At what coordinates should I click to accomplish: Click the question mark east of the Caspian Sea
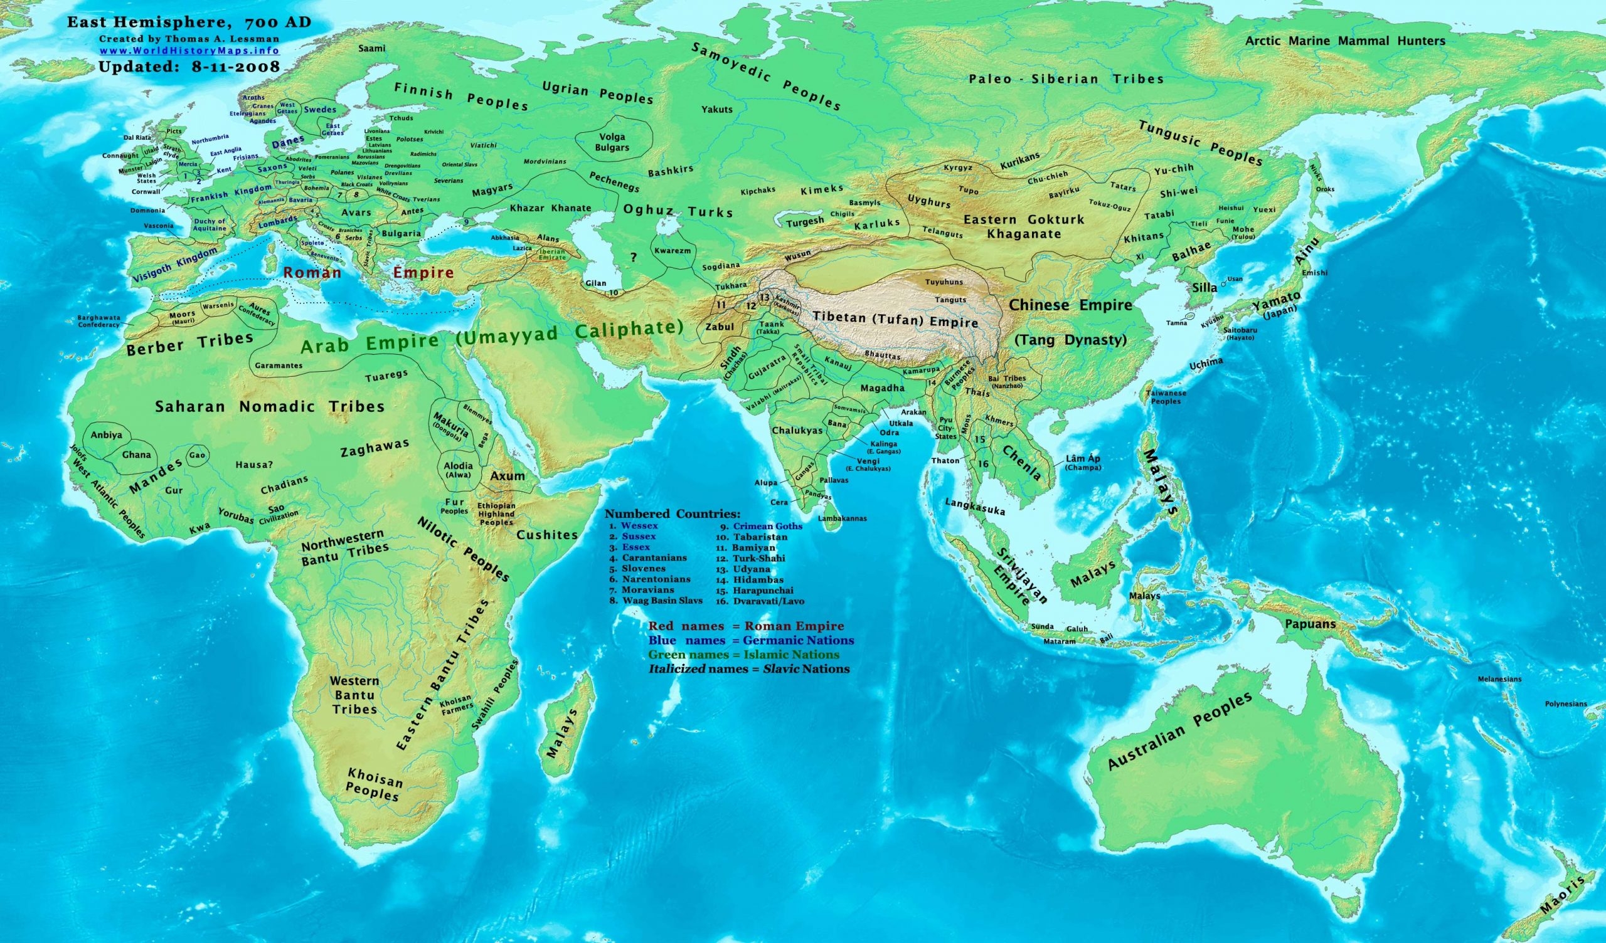[633, 258]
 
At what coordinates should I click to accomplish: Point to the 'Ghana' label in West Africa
[137, 455]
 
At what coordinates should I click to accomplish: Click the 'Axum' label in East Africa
[508, 475]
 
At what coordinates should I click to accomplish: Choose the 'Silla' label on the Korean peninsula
[1204, 288]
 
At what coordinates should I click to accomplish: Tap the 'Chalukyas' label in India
[797, 431]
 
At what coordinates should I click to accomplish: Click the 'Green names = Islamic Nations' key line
[744, 655]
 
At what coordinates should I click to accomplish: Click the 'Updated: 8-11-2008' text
[189, 66]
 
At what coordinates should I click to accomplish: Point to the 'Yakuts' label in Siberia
[717, 110]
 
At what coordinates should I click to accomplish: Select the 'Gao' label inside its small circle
[197, 455]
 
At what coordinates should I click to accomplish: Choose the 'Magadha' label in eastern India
[882, 388]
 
